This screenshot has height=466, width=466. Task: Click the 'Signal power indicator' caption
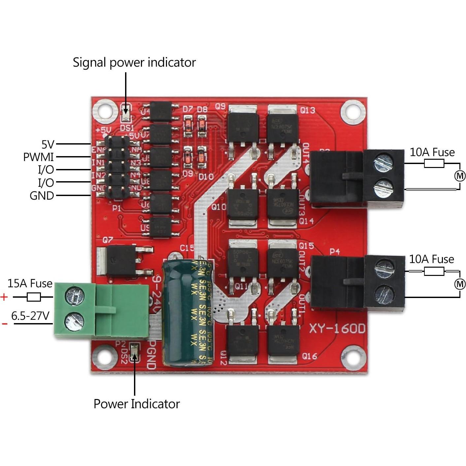(134, 62)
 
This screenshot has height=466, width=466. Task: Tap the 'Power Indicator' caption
(136, 404)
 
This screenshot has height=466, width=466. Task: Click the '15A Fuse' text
(30, 283)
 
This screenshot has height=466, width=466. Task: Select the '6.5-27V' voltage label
(30, 316)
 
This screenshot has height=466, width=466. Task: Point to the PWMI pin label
(38, 157)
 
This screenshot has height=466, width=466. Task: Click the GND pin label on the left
(42, 196)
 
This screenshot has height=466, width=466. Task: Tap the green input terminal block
(101, 310)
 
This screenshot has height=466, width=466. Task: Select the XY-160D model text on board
(337, 328)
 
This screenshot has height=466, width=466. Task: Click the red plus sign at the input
(4, 297)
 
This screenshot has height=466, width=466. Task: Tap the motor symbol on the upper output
(460, 176)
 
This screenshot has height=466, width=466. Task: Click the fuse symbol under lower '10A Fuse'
(434, 271)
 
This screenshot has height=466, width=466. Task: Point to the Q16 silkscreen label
(310, 356)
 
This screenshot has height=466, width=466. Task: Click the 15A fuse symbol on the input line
(33, 297)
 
